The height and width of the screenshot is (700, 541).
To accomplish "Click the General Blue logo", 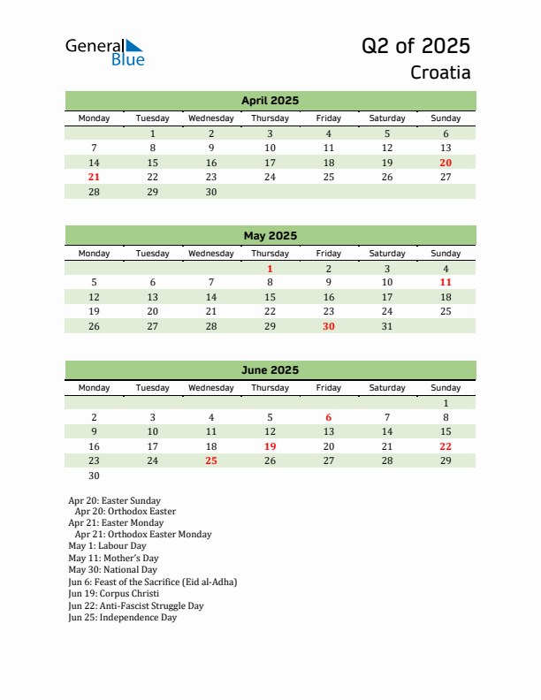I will tap(104, 52).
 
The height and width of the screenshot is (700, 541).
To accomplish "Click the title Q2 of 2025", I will tap(415, 46).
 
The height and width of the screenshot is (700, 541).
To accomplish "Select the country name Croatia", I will tap(440, 72).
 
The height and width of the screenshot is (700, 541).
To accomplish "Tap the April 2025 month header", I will tap(270, 101).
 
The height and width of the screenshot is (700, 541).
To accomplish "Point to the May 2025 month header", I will tap(270, 236).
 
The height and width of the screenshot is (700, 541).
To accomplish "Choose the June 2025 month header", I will tap(270, 370).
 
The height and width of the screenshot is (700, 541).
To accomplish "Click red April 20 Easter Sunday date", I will tap(446, 163).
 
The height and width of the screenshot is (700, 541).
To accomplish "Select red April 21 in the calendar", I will tap(95, 177).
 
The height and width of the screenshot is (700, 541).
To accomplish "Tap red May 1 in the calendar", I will tap(270, 269).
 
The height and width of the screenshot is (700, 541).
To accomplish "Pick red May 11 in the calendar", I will tap(446, 283).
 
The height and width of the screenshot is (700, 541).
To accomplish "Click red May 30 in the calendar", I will tap(328, 326).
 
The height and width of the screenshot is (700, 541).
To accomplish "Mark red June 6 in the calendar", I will tap(328, 417).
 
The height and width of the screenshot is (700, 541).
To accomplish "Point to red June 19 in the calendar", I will tap(270, 446).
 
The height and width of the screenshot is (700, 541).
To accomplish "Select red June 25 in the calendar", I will tap(211, 460).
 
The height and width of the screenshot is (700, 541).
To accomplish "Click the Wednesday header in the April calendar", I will tap(211, 118).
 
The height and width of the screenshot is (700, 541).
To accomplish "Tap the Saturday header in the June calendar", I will tap(387, 388).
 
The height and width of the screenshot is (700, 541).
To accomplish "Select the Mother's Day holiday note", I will tap(113, 558).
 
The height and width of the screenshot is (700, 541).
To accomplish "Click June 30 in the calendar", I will tap(95, 476).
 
